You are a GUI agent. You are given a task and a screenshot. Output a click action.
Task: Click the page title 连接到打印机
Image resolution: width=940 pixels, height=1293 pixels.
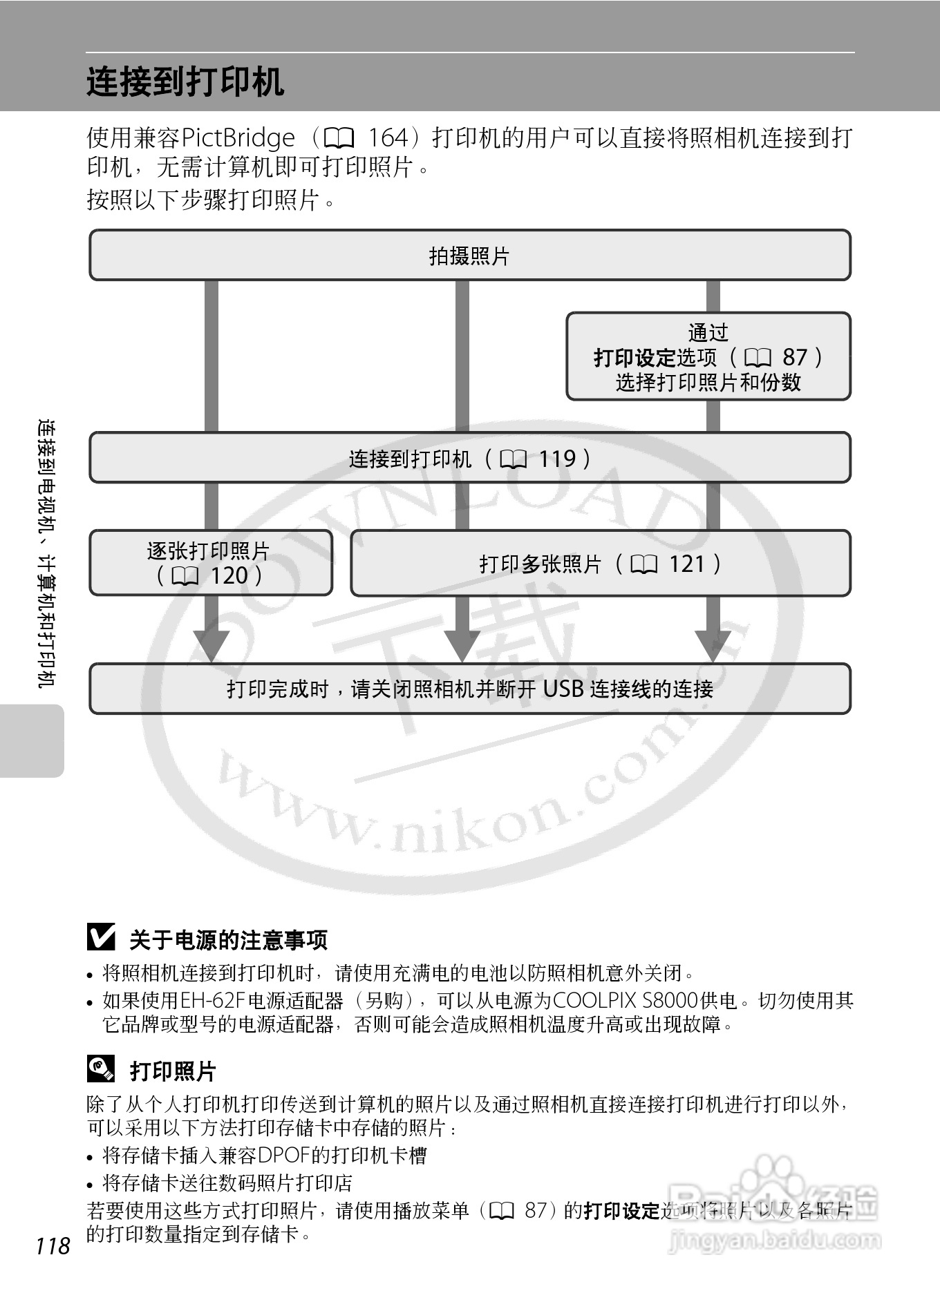pos(185,82)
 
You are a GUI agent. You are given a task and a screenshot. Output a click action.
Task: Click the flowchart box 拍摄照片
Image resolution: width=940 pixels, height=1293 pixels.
pos(469,256)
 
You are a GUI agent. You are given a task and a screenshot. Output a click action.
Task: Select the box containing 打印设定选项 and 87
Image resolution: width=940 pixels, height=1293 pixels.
pos(708,356)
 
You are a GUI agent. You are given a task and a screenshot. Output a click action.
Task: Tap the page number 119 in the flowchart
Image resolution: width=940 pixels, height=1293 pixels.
pos(556,459)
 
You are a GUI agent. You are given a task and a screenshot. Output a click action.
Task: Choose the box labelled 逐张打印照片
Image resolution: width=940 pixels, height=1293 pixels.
pos(210,562)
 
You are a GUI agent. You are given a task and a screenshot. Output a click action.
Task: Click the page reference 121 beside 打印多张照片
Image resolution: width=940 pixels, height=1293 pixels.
pos(686,564)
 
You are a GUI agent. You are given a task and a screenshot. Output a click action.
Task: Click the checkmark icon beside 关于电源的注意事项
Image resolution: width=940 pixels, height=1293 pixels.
pos(101,937)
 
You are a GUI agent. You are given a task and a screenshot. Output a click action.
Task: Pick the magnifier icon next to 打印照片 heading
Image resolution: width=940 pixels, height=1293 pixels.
pos(101,1069)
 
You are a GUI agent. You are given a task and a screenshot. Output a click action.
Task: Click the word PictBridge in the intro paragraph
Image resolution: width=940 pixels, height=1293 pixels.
pos(238,138)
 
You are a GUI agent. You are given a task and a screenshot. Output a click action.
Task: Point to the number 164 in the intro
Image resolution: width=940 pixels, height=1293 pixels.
pos(388,138)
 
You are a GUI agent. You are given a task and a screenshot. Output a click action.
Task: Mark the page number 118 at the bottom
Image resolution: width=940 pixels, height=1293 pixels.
pos(53,1245)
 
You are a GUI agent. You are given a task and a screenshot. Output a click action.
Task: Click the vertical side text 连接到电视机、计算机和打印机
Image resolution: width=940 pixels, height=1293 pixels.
pos(47,553)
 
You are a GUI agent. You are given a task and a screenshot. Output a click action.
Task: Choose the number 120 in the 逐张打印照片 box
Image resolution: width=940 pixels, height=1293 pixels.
pos(229,575)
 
